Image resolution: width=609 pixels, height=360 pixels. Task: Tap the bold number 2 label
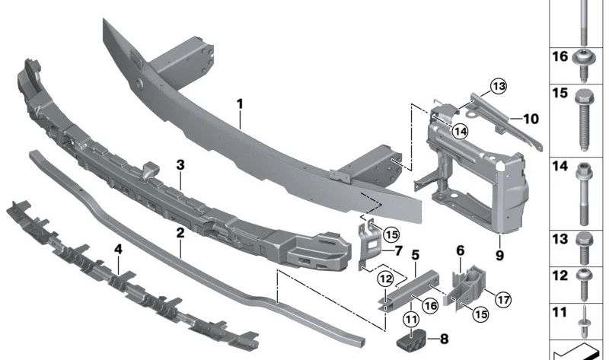click(180, 234)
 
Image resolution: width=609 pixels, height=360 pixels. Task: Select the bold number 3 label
click(180, 164)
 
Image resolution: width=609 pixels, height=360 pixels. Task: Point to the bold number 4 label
click(118, 248)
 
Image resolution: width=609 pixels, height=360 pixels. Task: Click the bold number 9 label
click(499, 256)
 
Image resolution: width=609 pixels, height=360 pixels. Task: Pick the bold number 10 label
click(531, 119)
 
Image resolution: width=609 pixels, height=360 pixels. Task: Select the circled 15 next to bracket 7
click(391, 234)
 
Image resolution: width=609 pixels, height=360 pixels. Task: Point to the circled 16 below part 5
click(430, 305)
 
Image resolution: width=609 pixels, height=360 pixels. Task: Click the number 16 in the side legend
click(559, 57)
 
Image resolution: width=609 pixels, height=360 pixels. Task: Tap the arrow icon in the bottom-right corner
click(579, 352)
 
